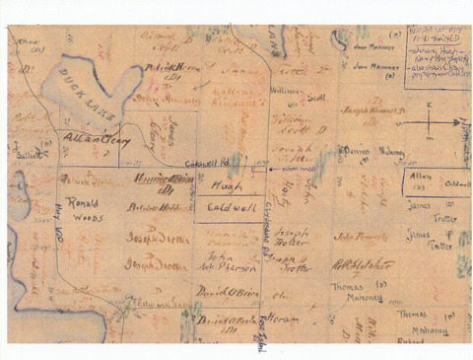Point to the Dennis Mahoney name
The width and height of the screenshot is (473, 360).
(x=370, y=152)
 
